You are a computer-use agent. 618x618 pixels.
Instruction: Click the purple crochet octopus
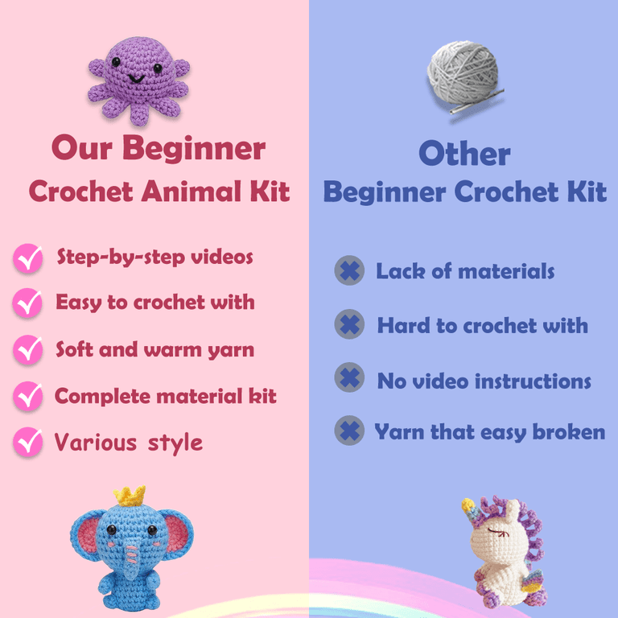pyautogui.click(x=138, y=80)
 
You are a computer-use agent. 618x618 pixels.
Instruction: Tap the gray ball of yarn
pyautogui.click(x=463, y=74)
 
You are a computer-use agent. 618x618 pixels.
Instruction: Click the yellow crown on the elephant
pyautogui.click(x=130, y=496)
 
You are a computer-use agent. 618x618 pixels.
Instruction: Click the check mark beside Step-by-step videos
pyautogui.click(x=28, y=258)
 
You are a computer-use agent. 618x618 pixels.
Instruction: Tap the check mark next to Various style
pyautogui.click(x=28, y=442)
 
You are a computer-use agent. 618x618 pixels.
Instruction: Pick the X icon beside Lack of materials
pyautogui.click(x=349, y=270)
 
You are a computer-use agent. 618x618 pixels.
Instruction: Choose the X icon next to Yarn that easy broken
pyautogui.click(x=349, y=431)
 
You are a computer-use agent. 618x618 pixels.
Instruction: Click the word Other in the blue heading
pyautogui.click(x=464, y=154)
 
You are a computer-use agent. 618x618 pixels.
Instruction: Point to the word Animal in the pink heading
pyautogui.click(x=193, y=192)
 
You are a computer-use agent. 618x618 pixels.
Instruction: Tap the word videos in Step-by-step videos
pyautogui.click(x=222, y=257)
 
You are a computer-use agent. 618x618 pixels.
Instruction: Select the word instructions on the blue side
pyautogui.click(x=533, y=381)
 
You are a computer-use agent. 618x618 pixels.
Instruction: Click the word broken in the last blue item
pyautogui.click(x=569, y=431)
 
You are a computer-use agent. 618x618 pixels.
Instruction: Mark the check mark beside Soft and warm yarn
pyautogui.click(x=28, y=349)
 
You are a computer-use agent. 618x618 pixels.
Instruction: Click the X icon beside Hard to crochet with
pyautogui.click(x=349, y=324)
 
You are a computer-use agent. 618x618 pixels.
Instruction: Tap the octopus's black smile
pyautogui.click(x=136, y=79)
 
